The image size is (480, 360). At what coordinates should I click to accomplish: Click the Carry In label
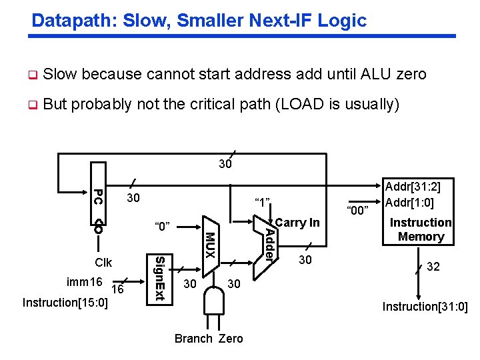coord(297,223)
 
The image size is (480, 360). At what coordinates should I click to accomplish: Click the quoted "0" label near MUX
coord(163,227)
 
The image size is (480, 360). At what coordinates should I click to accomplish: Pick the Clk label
coord(104,263)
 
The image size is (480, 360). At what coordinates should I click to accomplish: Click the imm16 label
coord(84,282)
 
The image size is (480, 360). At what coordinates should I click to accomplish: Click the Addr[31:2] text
coord(418,188)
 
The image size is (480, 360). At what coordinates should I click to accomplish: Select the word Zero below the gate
coord(231,339)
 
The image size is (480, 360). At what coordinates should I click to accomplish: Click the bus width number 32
coord(433,267)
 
